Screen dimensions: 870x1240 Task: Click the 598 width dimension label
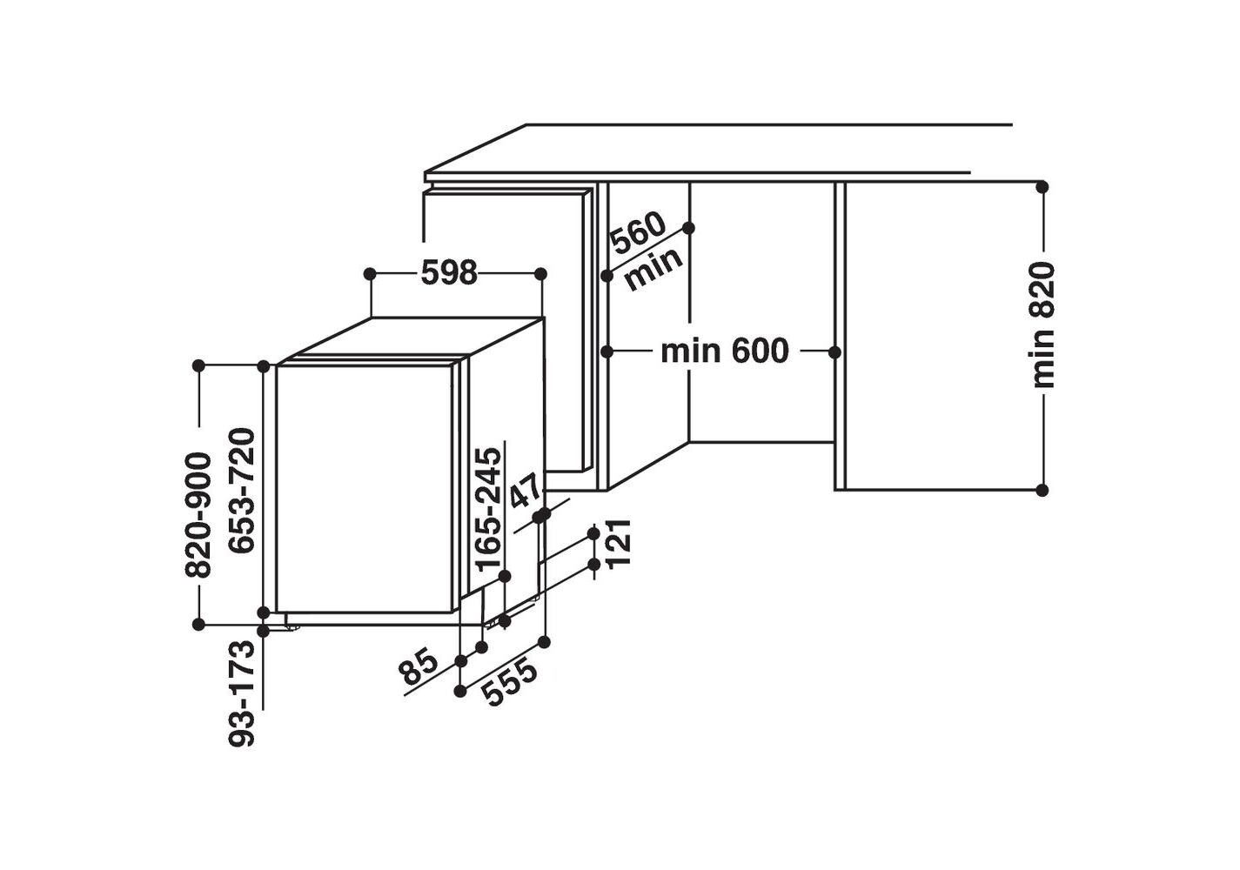449,273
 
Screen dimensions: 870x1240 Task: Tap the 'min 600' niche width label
724,351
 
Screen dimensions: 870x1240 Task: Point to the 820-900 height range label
199,515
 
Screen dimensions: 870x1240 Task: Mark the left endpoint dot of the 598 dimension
370,274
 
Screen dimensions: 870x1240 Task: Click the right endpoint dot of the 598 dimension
540,274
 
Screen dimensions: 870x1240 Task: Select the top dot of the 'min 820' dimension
1042,187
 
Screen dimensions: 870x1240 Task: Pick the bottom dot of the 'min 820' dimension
1042,490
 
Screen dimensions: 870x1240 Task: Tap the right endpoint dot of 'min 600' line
834,351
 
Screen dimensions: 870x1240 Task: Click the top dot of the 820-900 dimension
199,366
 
